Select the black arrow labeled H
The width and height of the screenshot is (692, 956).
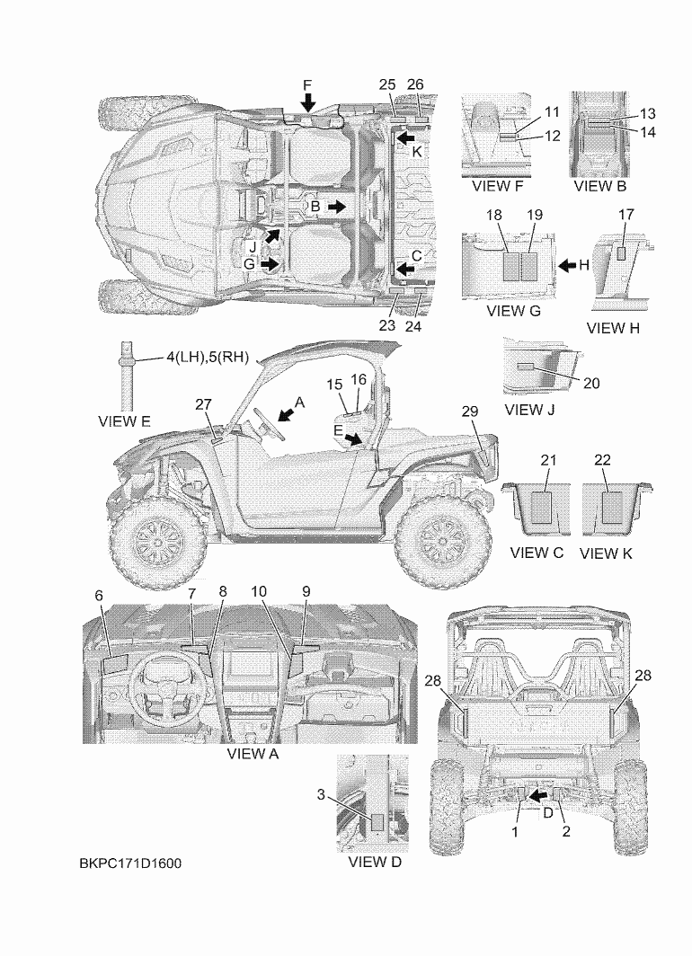point(568,266)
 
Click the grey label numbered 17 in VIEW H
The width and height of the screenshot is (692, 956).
point(624,254)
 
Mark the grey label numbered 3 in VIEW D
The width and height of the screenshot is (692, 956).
point(378,821)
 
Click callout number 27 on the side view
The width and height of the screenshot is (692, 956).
point(204,404)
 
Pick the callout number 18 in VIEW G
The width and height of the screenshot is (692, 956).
point(493,216)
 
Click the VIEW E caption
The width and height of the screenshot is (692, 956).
point(124,420)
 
